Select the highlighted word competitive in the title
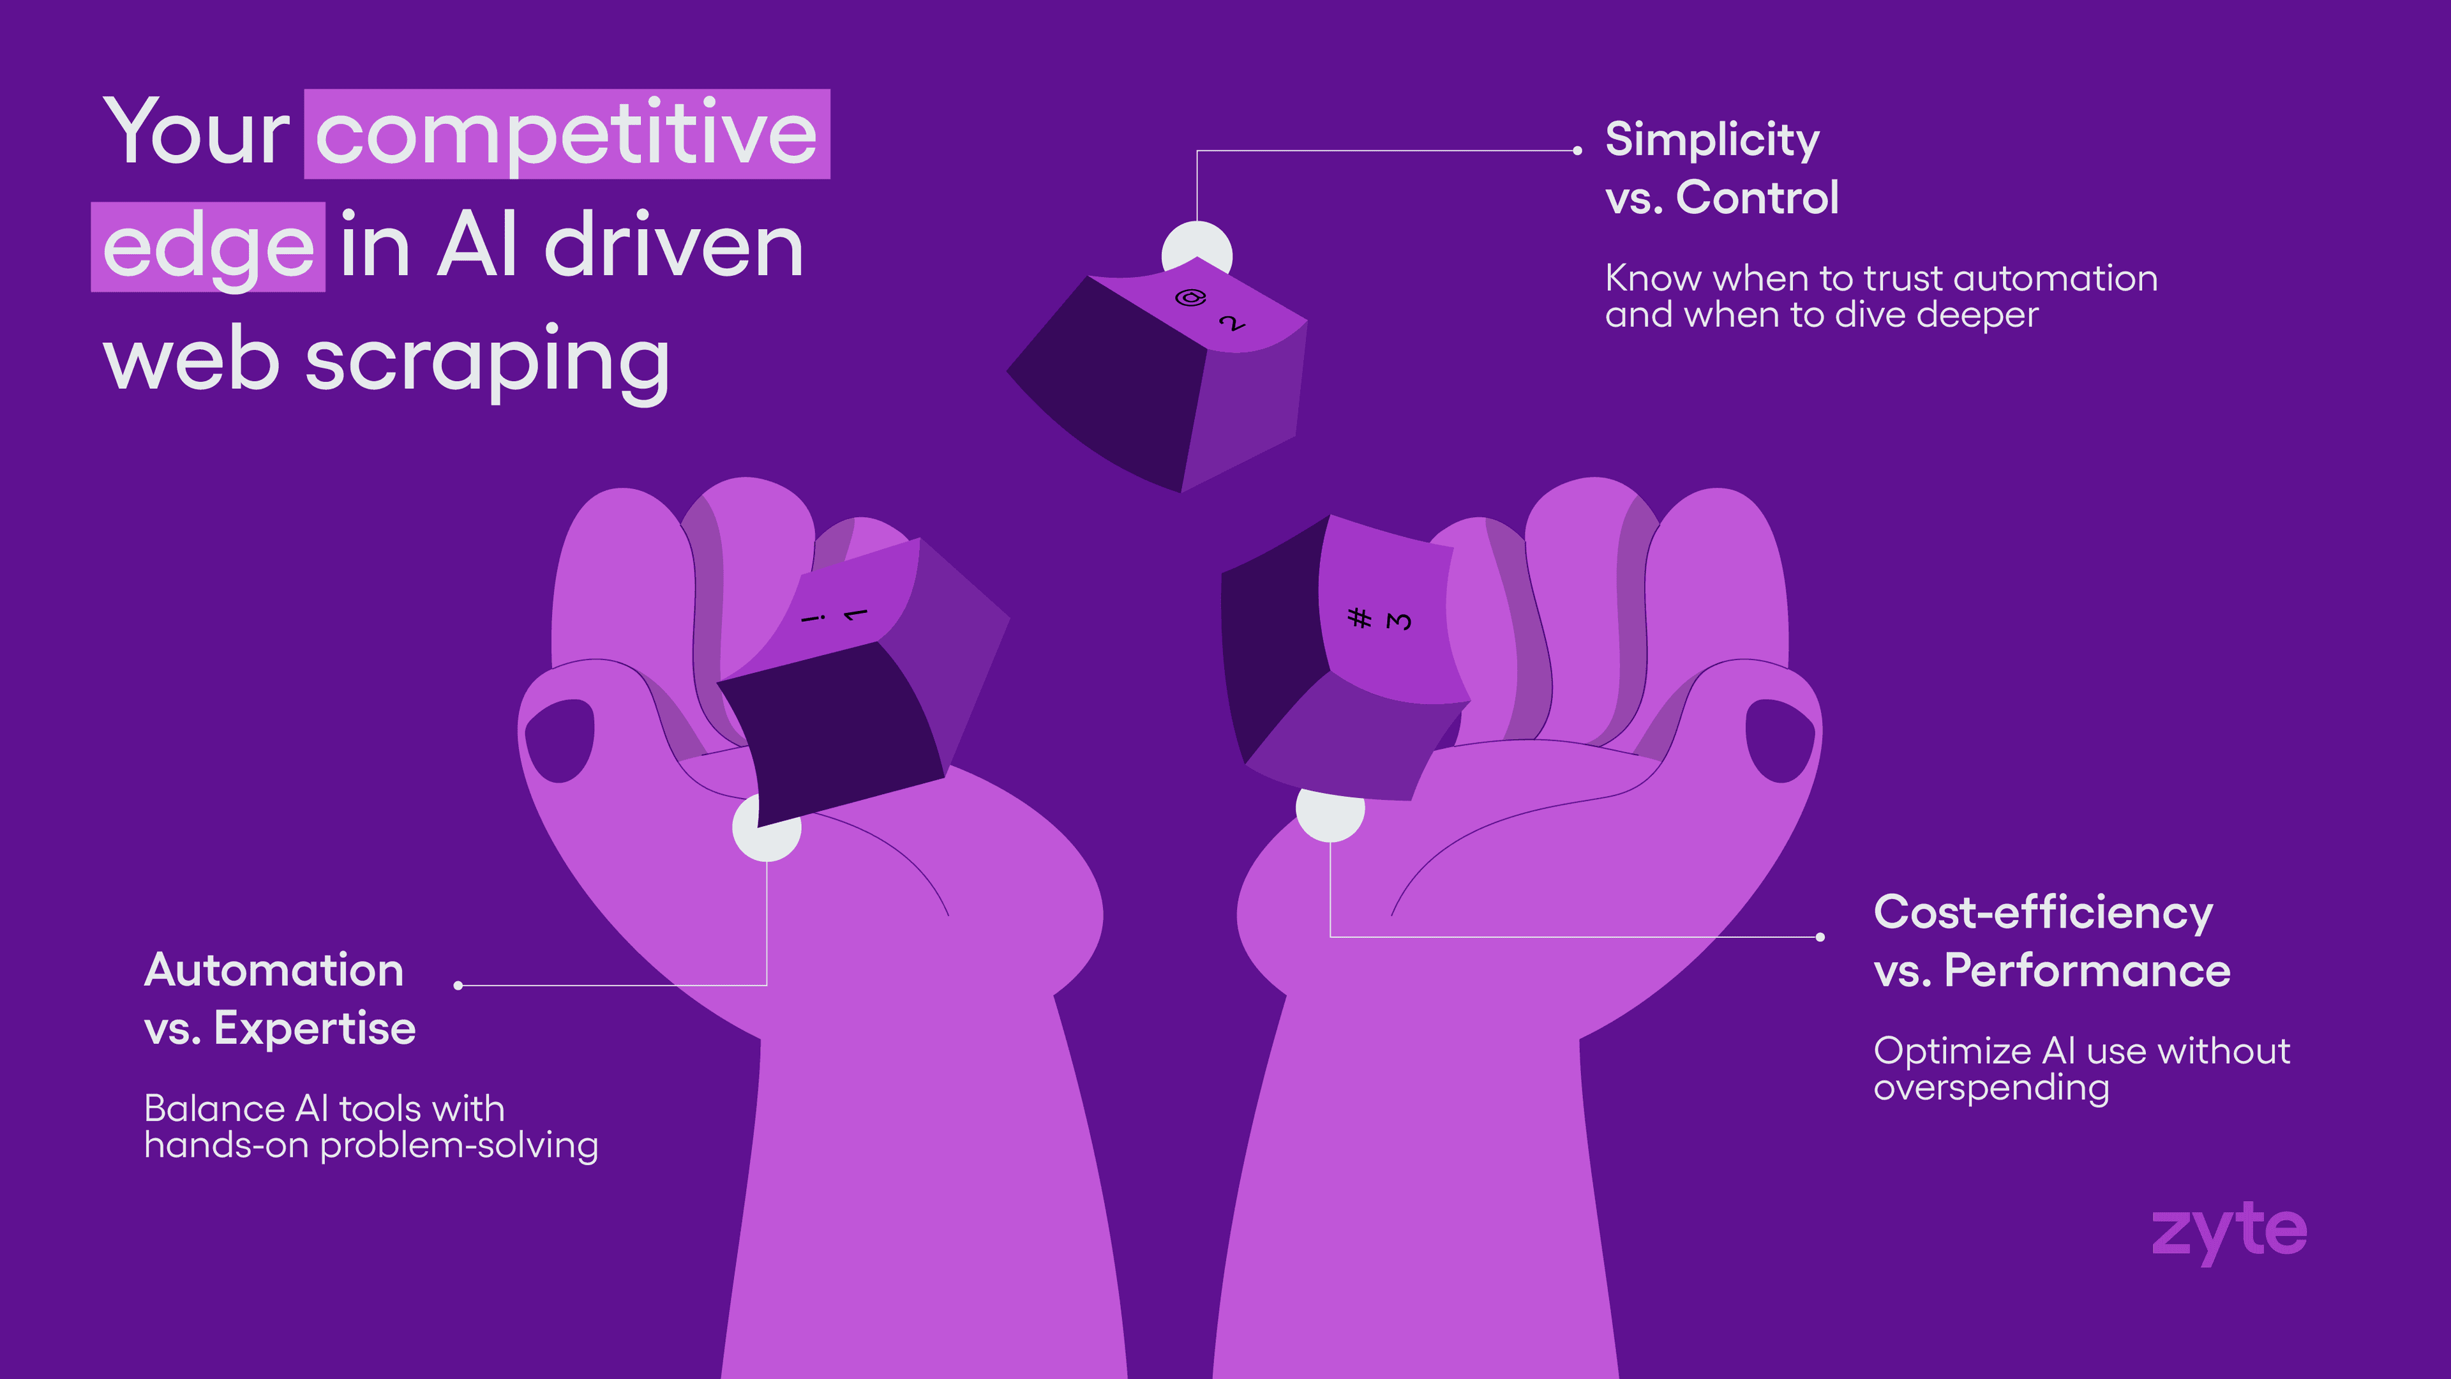click(x=566, y=133)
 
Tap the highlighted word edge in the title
click(x=207, y=248)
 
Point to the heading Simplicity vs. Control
click(x=1722, y=169)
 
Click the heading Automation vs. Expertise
click(x=280, y=999)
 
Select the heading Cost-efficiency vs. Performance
click(x=2052, y=941)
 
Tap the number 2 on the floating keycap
click(x=1232, y=322)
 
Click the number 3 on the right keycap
click(x=1398, y=621)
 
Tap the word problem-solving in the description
click(x=459, y=1145)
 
